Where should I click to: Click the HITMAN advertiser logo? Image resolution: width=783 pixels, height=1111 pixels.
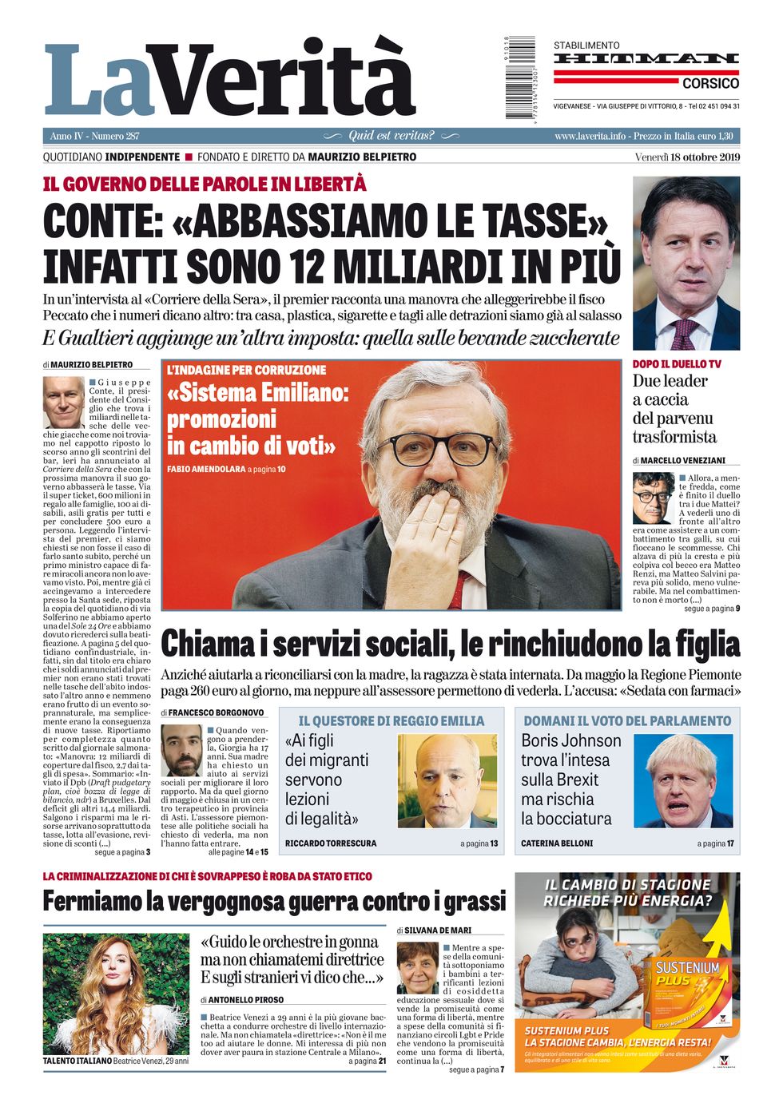tap(646, 59)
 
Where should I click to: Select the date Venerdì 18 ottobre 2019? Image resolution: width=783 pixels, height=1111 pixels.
tap(687, 157)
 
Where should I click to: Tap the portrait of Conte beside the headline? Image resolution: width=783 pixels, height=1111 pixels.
tap(686, 263)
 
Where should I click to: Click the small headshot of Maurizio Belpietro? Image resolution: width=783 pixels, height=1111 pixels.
tap(63, 402)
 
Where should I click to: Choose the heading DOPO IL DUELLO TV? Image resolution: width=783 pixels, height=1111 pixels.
tap(676, 364)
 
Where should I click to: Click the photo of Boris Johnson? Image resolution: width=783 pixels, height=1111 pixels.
tap(683, 780)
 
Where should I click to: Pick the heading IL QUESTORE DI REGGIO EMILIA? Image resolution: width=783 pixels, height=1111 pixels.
tap(391, 720)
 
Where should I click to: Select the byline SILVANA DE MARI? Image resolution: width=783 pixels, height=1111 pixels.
tap(438, 930)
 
